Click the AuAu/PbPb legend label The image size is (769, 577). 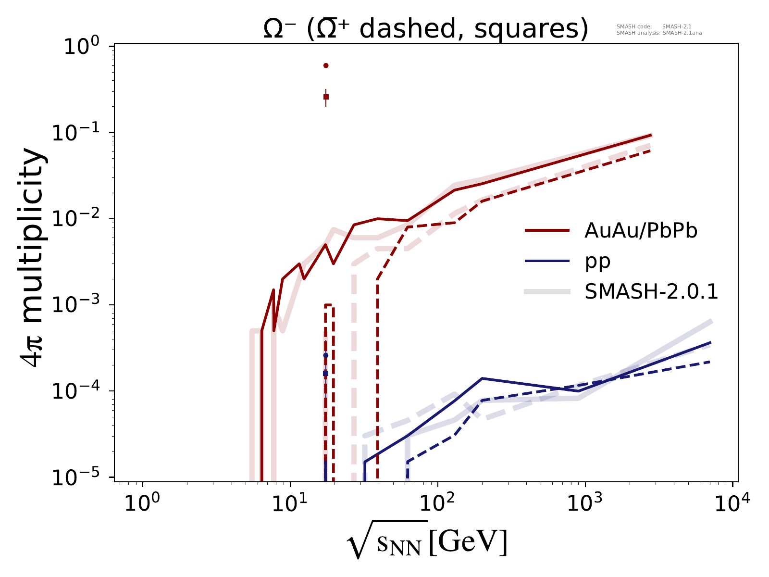(x=641, y=231)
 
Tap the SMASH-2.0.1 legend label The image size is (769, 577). (x=651, y=291)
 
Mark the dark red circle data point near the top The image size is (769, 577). (x=326, y=65)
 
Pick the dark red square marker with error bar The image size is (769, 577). (x=326, y=97)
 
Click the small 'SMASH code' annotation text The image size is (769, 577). (x=630, y=27)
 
